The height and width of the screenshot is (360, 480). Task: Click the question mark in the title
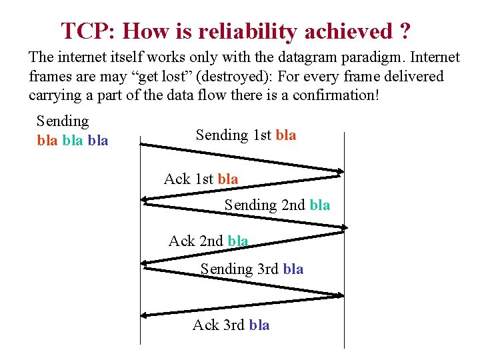[405, 31]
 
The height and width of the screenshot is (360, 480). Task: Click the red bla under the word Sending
[47, 141]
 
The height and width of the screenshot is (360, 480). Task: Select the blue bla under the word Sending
[98, 141]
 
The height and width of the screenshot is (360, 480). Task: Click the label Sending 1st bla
[246, 135]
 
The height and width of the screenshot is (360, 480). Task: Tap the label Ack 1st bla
[201, 179]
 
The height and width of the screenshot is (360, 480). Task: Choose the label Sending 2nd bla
[277, 205]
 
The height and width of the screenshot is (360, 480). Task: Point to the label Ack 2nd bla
[208, 241]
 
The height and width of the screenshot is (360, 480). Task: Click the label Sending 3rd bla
[252, 269]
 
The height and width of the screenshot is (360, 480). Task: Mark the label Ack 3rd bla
[231, 325]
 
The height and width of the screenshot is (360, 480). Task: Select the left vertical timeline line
[140, 267]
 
